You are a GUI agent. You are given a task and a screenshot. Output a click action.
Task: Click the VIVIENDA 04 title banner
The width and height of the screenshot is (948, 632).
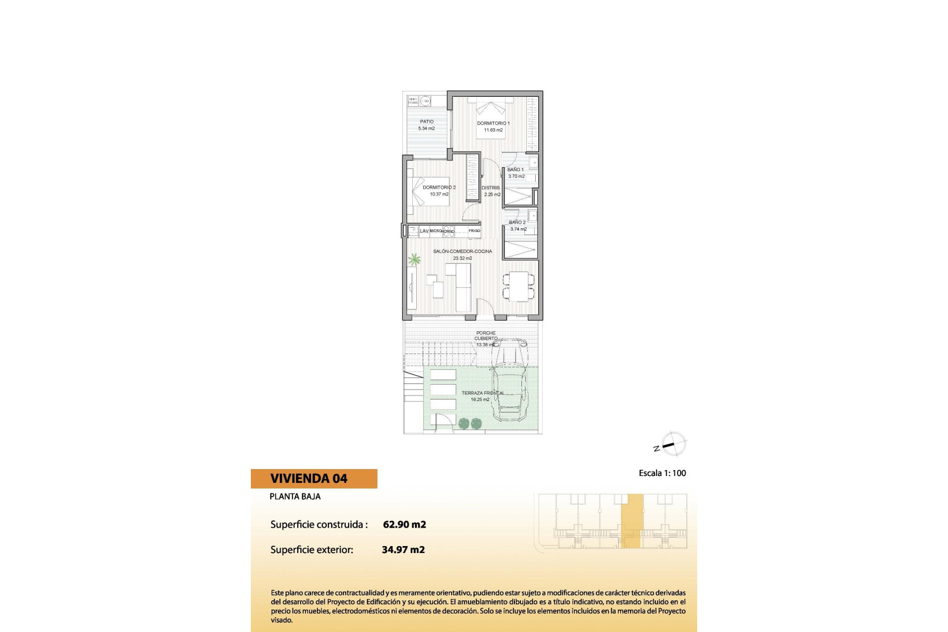(x=314, y=478)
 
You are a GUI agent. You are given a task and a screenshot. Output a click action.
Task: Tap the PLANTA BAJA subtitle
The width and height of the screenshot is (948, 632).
(x=295, y=497)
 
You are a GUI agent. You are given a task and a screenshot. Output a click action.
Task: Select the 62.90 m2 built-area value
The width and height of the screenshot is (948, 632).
(x=404, y=524)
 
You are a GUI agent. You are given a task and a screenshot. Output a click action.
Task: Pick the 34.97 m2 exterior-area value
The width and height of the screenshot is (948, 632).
(x=403, y=550)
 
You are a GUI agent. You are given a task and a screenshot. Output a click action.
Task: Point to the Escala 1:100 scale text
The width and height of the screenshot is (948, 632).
(x=662, y=473)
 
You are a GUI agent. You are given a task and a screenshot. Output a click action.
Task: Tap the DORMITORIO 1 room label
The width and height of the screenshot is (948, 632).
(x=493, y=123)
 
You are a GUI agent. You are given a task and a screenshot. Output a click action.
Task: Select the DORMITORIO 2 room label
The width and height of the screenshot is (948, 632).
(x=439, y=188)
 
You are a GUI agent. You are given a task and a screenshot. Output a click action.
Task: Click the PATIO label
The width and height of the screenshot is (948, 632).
(x=427, y=121)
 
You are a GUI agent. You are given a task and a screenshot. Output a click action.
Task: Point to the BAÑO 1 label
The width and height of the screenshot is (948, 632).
(x=515, y=170)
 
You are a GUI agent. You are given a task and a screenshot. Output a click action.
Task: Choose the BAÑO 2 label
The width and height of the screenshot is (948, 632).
(x=517, y=223)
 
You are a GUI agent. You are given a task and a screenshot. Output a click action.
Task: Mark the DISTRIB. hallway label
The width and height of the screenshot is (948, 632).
(x=491, y=188)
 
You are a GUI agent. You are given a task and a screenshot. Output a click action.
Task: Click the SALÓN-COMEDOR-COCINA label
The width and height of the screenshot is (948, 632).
(x=462, y=251)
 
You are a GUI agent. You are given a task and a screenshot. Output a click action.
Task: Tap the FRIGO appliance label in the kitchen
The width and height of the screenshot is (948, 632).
(x=474, y=231)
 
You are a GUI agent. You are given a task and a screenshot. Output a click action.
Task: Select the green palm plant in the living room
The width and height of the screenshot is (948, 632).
(x=414, y=259)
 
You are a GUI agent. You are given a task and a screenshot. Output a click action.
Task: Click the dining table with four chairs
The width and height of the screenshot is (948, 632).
(x=518, y=286)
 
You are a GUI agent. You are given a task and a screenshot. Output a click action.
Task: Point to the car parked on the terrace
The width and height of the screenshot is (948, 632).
(x=508, y=380)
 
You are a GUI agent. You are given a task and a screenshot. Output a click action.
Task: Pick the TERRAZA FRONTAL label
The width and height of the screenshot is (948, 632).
(x=482, y=394)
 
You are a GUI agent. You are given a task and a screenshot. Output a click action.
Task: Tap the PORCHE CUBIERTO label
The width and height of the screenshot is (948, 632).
(x=486, y=336)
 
